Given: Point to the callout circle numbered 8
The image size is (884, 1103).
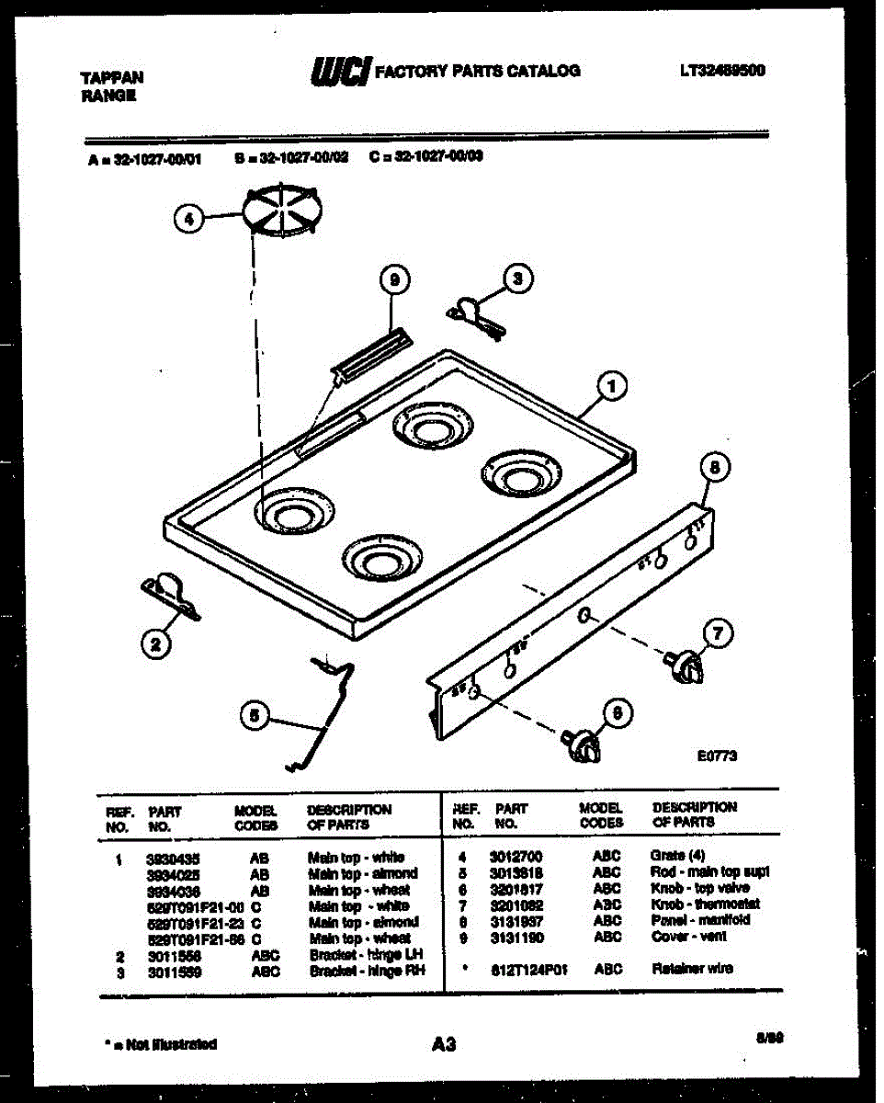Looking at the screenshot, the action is point(717,468).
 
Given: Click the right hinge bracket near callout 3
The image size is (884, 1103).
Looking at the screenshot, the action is point(475,316).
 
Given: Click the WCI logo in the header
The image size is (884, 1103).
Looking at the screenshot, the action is point(341,71).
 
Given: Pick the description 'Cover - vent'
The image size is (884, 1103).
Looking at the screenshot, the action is point(688,936).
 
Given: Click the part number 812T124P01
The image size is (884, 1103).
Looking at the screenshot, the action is point(527,968).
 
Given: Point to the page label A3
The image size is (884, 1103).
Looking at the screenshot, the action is point(442,1043).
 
